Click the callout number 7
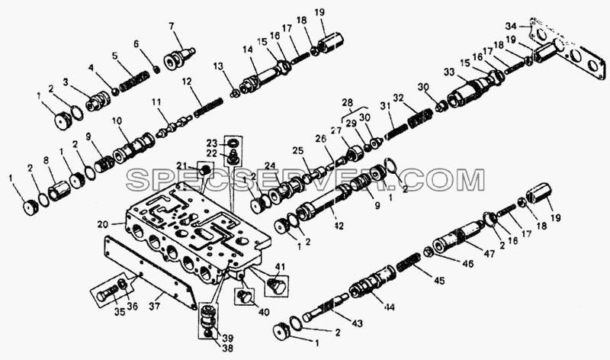click(x=172, y=26)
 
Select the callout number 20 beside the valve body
click(x=103, y=224)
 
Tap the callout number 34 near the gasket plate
click(x=512, y=26)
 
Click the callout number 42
click(x=339, y=225)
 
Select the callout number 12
click(x=187, y=82)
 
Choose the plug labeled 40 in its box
click(x=243, y=296)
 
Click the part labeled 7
click(x=178, y=59)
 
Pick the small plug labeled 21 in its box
click(x=204, y=169)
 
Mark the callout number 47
click(x=489, y=253)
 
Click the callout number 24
click(x=271, y=166)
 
